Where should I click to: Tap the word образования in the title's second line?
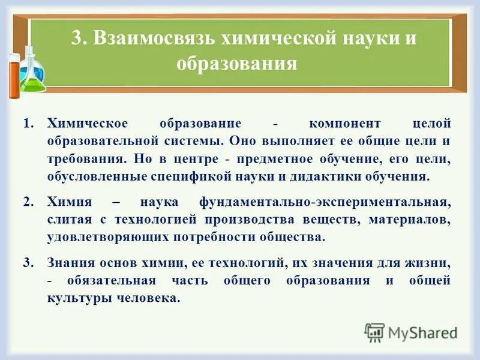click(237, 63)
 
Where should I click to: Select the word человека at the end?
click(151, 298)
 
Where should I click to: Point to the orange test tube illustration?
click(13, 73)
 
